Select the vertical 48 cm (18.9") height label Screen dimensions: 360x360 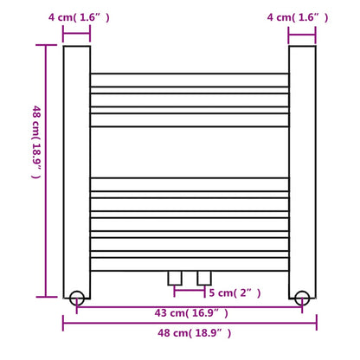click(x=35, y=142)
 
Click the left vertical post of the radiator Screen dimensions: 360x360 click(x=76, y=164)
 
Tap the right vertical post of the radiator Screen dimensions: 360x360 click(x=301, y=164)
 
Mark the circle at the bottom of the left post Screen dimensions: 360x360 click(x=76, y=297)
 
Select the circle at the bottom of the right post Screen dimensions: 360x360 click(x=301, y=297)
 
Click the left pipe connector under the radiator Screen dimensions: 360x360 click(x=176, y=277)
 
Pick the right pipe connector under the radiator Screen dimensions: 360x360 click(x=204, y=277)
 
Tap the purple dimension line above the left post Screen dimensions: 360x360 click(x=76, y=35)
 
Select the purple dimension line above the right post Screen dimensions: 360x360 click(x=301, y=35)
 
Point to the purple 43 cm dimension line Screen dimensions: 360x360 click(x=189, y=305)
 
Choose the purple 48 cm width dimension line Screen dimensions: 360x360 click(x=189, y=323)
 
